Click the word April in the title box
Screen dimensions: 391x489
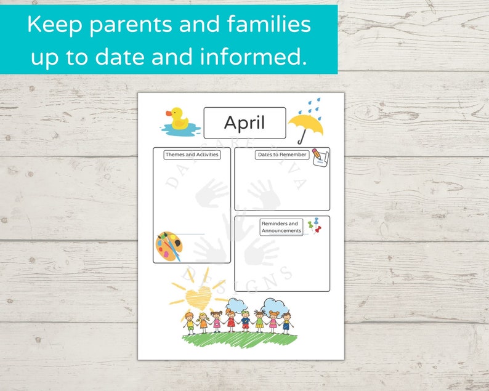244,123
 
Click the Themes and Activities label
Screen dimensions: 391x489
192,155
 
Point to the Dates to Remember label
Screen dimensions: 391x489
281,155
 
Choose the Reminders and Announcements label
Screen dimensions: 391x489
280,227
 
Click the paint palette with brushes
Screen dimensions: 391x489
168,246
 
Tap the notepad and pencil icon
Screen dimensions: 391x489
320,156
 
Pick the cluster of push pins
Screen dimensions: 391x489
315,225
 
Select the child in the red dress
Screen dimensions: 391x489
231,320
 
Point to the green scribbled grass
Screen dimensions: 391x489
240,345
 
